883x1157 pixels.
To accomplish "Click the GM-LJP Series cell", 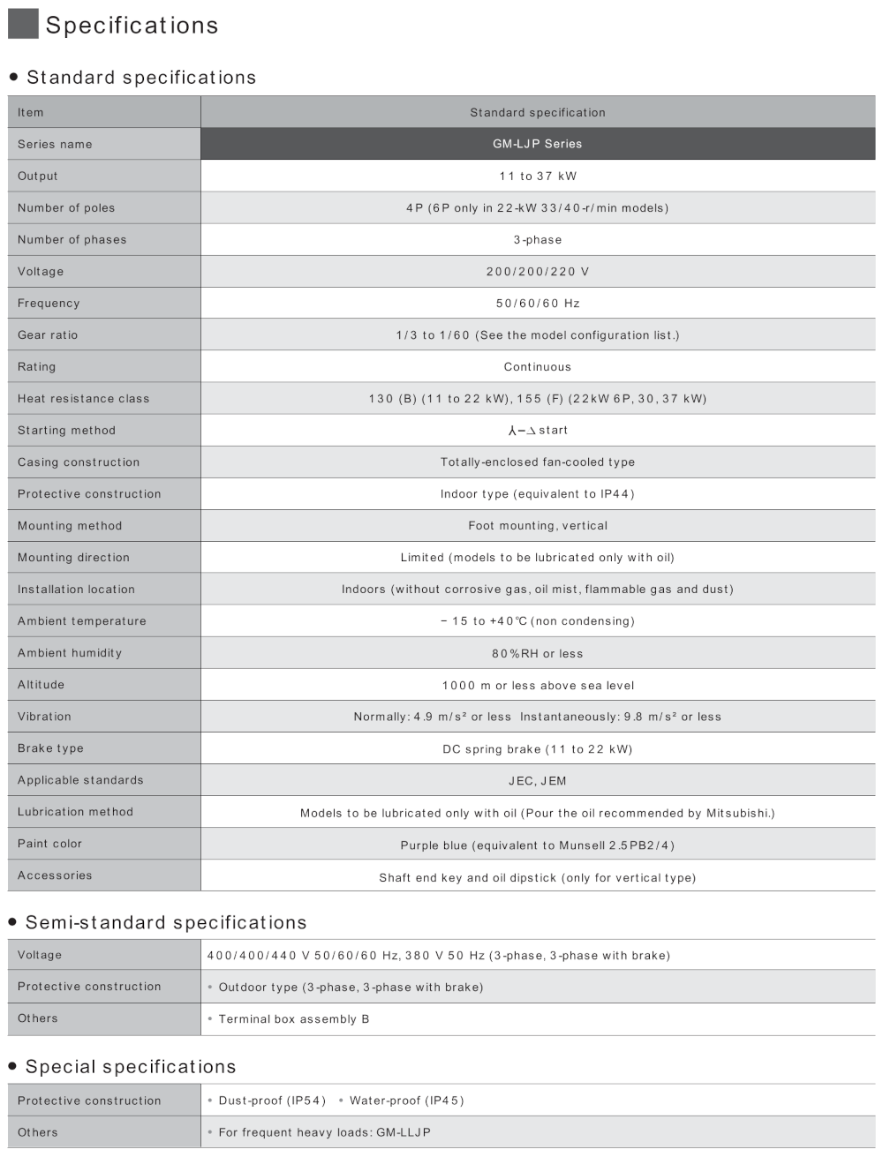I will coord(537,144).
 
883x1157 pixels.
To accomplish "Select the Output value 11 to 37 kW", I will coord(537,176).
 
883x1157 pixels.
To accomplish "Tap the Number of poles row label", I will coord(66,207).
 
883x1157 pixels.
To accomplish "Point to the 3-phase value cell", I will coord(537,239).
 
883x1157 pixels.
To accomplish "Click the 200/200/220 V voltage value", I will coord(537,271).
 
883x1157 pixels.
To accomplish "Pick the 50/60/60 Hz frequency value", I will coord(537,303).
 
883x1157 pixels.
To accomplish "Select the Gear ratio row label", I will coord(48,334).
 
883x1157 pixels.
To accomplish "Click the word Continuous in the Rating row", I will coord(537,366).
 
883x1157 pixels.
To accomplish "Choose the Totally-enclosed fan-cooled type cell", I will coord(537,462).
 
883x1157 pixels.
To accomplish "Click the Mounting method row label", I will coord(70,525).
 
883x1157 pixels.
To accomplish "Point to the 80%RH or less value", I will coord(537,653).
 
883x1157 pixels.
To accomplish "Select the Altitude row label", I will coord(41,684).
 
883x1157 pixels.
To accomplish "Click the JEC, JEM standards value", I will coord(537,780).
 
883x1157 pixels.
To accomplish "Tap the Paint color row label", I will coord(49,843).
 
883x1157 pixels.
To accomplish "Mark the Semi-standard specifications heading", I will coord(166,922).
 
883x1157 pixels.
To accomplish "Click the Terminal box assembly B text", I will coord(294,1018).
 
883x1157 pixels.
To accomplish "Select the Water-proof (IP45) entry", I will coord(406,1101).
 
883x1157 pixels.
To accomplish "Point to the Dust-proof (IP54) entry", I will coord(272,1101).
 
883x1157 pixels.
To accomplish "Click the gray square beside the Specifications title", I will coord(23,24).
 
